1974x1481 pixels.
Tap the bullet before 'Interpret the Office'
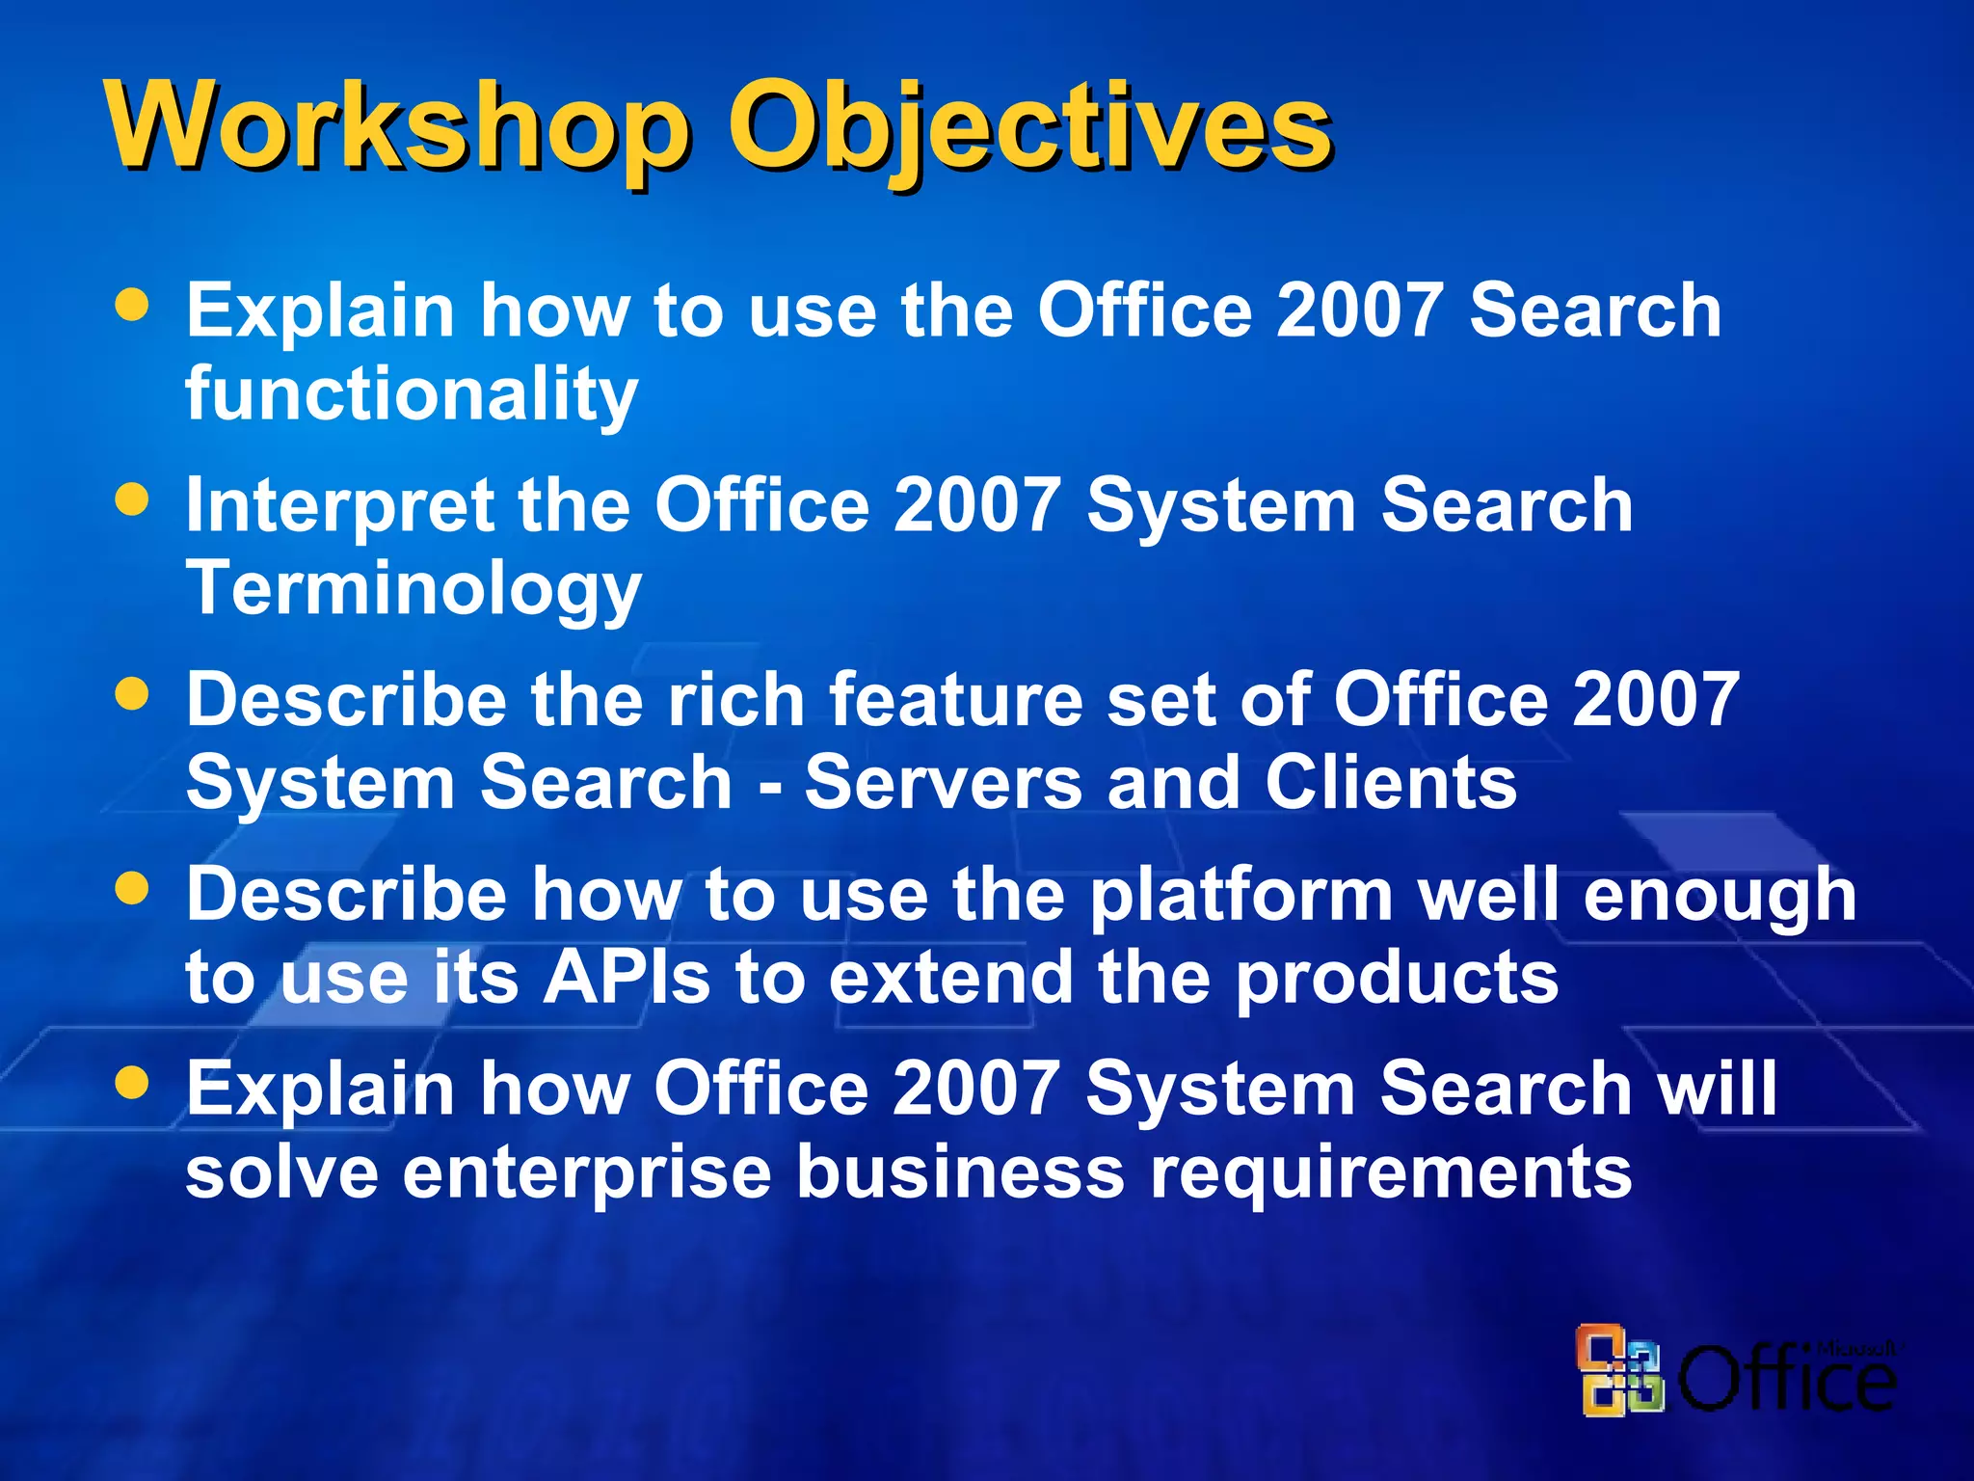[132, 499]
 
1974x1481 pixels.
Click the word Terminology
[413, 588]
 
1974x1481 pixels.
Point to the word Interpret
[339, 506]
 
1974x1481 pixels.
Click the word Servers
[944, 782]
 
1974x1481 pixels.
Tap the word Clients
[1391, 782]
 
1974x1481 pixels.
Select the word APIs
[627, 977]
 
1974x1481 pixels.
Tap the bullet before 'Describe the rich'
[132, 694]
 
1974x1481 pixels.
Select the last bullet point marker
[132, 1083]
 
